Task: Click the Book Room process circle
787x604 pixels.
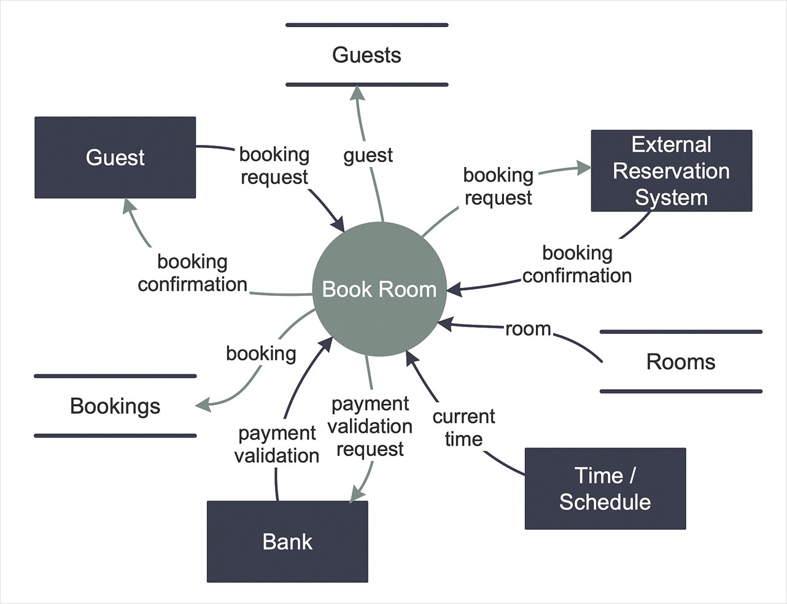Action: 379,289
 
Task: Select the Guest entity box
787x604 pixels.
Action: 115,158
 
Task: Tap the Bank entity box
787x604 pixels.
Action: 287,542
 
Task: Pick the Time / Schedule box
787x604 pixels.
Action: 605,489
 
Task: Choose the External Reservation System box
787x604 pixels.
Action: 672,171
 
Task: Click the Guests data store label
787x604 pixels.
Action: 366,55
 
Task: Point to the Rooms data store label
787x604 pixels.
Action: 681,362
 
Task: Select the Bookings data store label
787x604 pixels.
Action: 115,406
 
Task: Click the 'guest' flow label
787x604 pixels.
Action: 368,156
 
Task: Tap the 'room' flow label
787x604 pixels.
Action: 528,329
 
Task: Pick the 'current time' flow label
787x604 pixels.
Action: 463,428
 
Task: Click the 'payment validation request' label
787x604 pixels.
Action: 370,426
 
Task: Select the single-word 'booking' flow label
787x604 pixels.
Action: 261,354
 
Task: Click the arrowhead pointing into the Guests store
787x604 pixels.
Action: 357,92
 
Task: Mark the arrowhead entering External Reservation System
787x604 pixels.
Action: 584,168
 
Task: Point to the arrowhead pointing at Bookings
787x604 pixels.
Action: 203,405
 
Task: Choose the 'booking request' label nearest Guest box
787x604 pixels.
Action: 274,166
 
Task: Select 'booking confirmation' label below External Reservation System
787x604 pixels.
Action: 577,265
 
